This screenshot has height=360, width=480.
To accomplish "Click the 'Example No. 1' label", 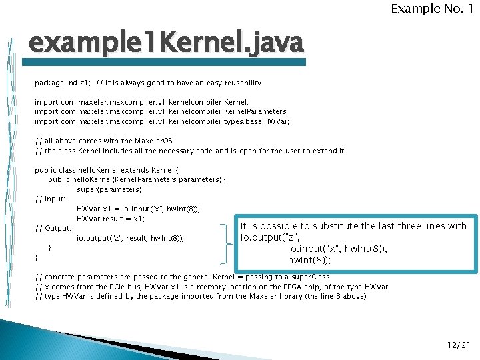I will click(x=432, y=9).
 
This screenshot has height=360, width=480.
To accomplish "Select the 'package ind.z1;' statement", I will click(x=63, y=83).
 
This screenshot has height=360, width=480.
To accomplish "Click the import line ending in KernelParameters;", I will click(x=161, y=112).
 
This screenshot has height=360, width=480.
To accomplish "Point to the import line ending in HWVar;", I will click(x=162, y=122).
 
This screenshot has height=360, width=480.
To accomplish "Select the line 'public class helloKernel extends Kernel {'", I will click(x=107, y=170).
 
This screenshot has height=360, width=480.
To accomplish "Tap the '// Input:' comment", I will click(x=50, y=199).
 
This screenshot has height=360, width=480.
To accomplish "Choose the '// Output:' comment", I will click(x=53, y=228).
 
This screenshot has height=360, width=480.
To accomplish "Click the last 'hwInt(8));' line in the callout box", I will click(x=309, y=260).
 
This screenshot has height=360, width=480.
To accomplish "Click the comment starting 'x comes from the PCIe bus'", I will click(x=211, y=287).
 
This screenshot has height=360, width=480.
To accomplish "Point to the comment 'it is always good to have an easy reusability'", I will click(x=179, y=83).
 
